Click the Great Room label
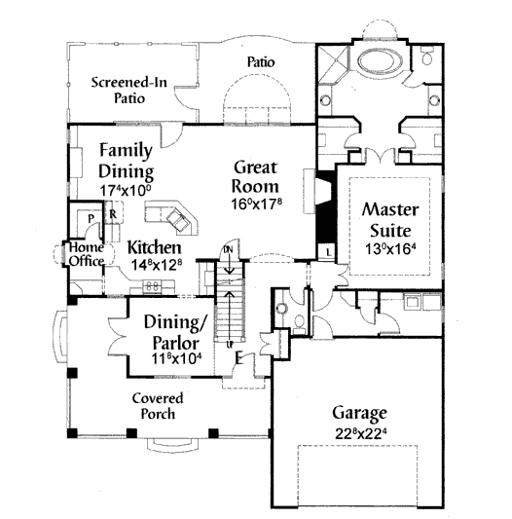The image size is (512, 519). [x=255, y=177]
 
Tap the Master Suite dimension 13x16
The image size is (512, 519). [x=390, y=248]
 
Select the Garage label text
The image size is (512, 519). [x=359, y=414]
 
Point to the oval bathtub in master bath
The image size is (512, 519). [x=381, y=61]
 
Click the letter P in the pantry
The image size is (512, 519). [x=91, y=219]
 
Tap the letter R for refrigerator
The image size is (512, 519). [x=113, y=214]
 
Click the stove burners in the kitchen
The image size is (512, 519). [x=152, y=286]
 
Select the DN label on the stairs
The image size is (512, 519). [x=229, y=250]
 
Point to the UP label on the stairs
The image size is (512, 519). [x=230, y=345]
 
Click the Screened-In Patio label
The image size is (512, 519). [x=129, y=90]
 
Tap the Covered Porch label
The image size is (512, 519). [x=158, y=406]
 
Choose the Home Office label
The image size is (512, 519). [x=87, y=254]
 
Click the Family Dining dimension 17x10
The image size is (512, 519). [x=126, y=190]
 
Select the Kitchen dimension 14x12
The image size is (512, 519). [x=158, y=265]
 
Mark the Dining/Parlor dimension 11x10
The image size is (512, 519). [x=177, y=358]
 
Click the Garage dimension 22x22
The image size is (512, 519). [x=361, y=433]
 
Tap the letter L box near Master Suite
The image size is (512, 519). [x=328, y=253]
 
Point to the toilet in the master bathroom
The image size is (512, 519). [x=427, y=56]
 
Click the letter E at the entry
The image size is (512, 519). [x=238, y=358]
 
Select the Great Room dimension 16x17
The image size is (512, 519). [x=257, y=204]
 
